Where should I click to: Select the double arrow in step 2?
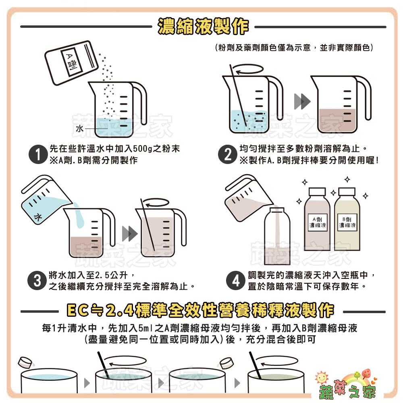pyautogui.click(x=302, y=101)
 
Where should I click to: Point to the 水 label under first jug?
pyautogui.click(x=79, y=129)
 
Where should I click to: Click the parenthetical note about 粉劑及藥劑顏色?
pyautogui.click(x=294, y=48)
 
